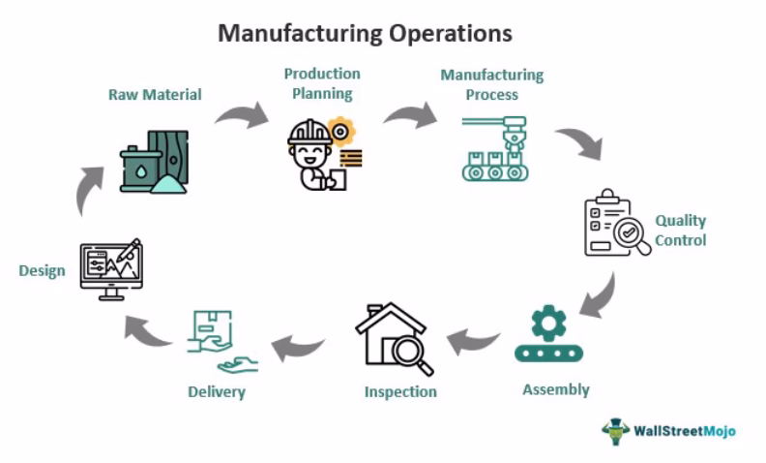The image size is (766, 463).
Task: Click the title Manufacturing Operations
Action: pos(365,34)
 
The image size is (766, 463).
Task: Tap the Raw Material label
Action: pos(155,95)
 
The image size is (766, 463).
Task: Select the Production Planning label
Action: pos(321,84)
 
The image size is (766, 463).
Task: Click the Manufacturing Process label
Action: pos(491,85)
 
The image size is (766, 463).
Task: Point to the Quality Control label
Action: pos(680,231)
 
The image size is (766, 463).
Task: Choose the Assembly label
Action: pos(555,390)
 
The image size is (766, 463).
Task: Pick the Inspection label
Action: pos(400,392)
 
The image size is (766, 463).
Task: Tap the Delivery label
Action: pos(217,392)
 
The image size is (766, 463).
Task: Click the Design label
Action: pos(42,270)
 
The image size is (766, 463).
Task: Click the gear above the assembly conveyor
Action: pos(548,321)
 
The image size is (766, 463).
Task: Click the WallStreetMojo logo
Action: pos(668,430)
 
